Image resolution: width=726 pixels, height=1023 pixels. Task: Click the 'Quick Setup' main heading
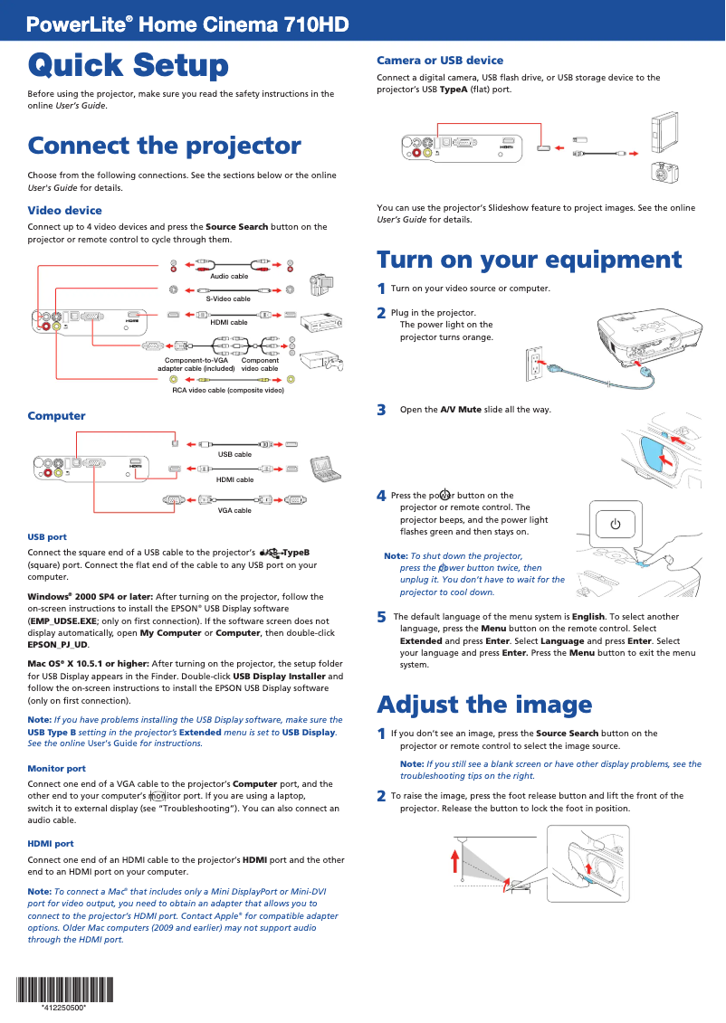point(128,65)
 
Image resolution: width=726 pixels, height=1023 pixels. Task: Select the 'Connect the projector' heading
point(164,146)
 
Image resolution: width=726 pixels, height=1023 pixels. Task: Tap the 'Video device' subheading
point(64,210)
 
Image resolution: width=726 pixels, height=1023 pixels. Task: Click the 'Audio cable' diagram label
point(229,276)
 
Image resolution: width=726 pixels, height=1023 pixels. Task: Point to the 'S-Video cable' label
point(228,298)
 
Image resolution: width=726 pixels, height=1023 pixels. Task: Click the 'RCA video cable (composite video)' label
point(228,390)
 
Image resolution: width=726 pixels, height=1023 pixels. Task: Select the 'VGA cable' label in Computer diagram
point(234,510)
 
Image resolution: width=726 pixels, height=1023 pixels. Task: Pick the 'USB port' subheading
point(47,536)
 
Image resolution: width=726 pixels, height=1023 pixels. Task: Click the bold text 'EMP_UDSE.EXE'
point(62,622)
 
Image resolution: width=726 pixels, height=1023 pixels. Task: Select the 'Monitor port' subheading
point(57,768)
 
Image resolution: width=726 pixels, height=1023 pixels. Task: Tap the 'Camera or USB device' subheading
point(440,61)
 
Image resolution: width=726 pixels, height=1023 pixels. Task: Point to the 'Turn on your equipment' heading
point(529,260)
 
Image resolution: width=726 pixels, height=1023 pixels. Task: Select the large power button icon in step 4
point(615,524)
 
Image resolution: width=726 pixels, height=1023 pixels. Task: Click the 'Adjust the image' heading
point(484,704)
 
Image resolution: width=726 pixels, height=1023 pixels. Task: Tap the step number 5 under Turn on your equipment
point(381,617)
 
